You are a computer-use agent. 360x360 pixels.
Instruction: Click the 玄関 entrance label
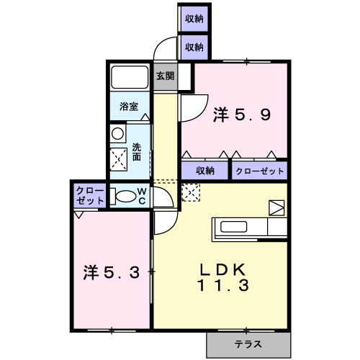165,76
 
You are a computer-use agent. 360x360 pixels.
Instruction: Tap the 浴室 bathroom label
129,107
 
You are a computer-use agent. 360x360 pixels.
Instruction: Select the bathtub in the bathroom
130,77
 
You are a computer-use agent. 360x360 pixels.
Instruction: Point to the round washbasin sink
117,134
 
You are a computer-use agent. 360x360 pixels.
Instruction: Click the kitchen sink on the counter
233,227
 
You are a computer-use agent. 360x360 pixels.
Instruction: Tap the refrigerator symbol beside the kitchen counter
276,207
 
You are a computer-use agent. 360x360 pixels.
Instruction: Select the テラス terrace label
248,344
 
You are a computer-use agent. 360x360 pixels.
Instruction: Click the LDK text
223,270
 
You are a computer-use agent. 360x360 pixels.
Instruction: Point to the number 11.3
223,285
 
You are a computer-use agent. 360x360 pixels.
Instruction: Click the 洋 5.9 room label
242,115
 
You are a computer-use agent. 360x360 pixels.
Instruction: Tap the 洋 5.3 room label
112,272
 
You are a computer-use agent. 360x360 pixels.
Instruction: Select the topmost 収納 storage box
194,19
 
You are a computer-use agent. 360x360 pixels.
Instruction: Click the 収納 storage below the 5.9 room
205,171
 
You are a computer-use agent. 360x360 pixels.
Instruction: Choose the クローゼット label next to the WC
90,196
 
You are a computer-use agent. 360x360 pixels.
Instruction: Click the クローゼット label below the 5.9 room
260,171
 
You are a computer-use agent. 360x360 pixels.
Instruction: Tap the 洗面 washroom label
137,152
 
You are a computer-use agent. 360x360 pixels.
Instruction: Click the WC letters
142,196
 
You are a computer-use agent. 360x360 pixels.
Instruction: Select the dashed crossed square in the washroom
119,159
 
